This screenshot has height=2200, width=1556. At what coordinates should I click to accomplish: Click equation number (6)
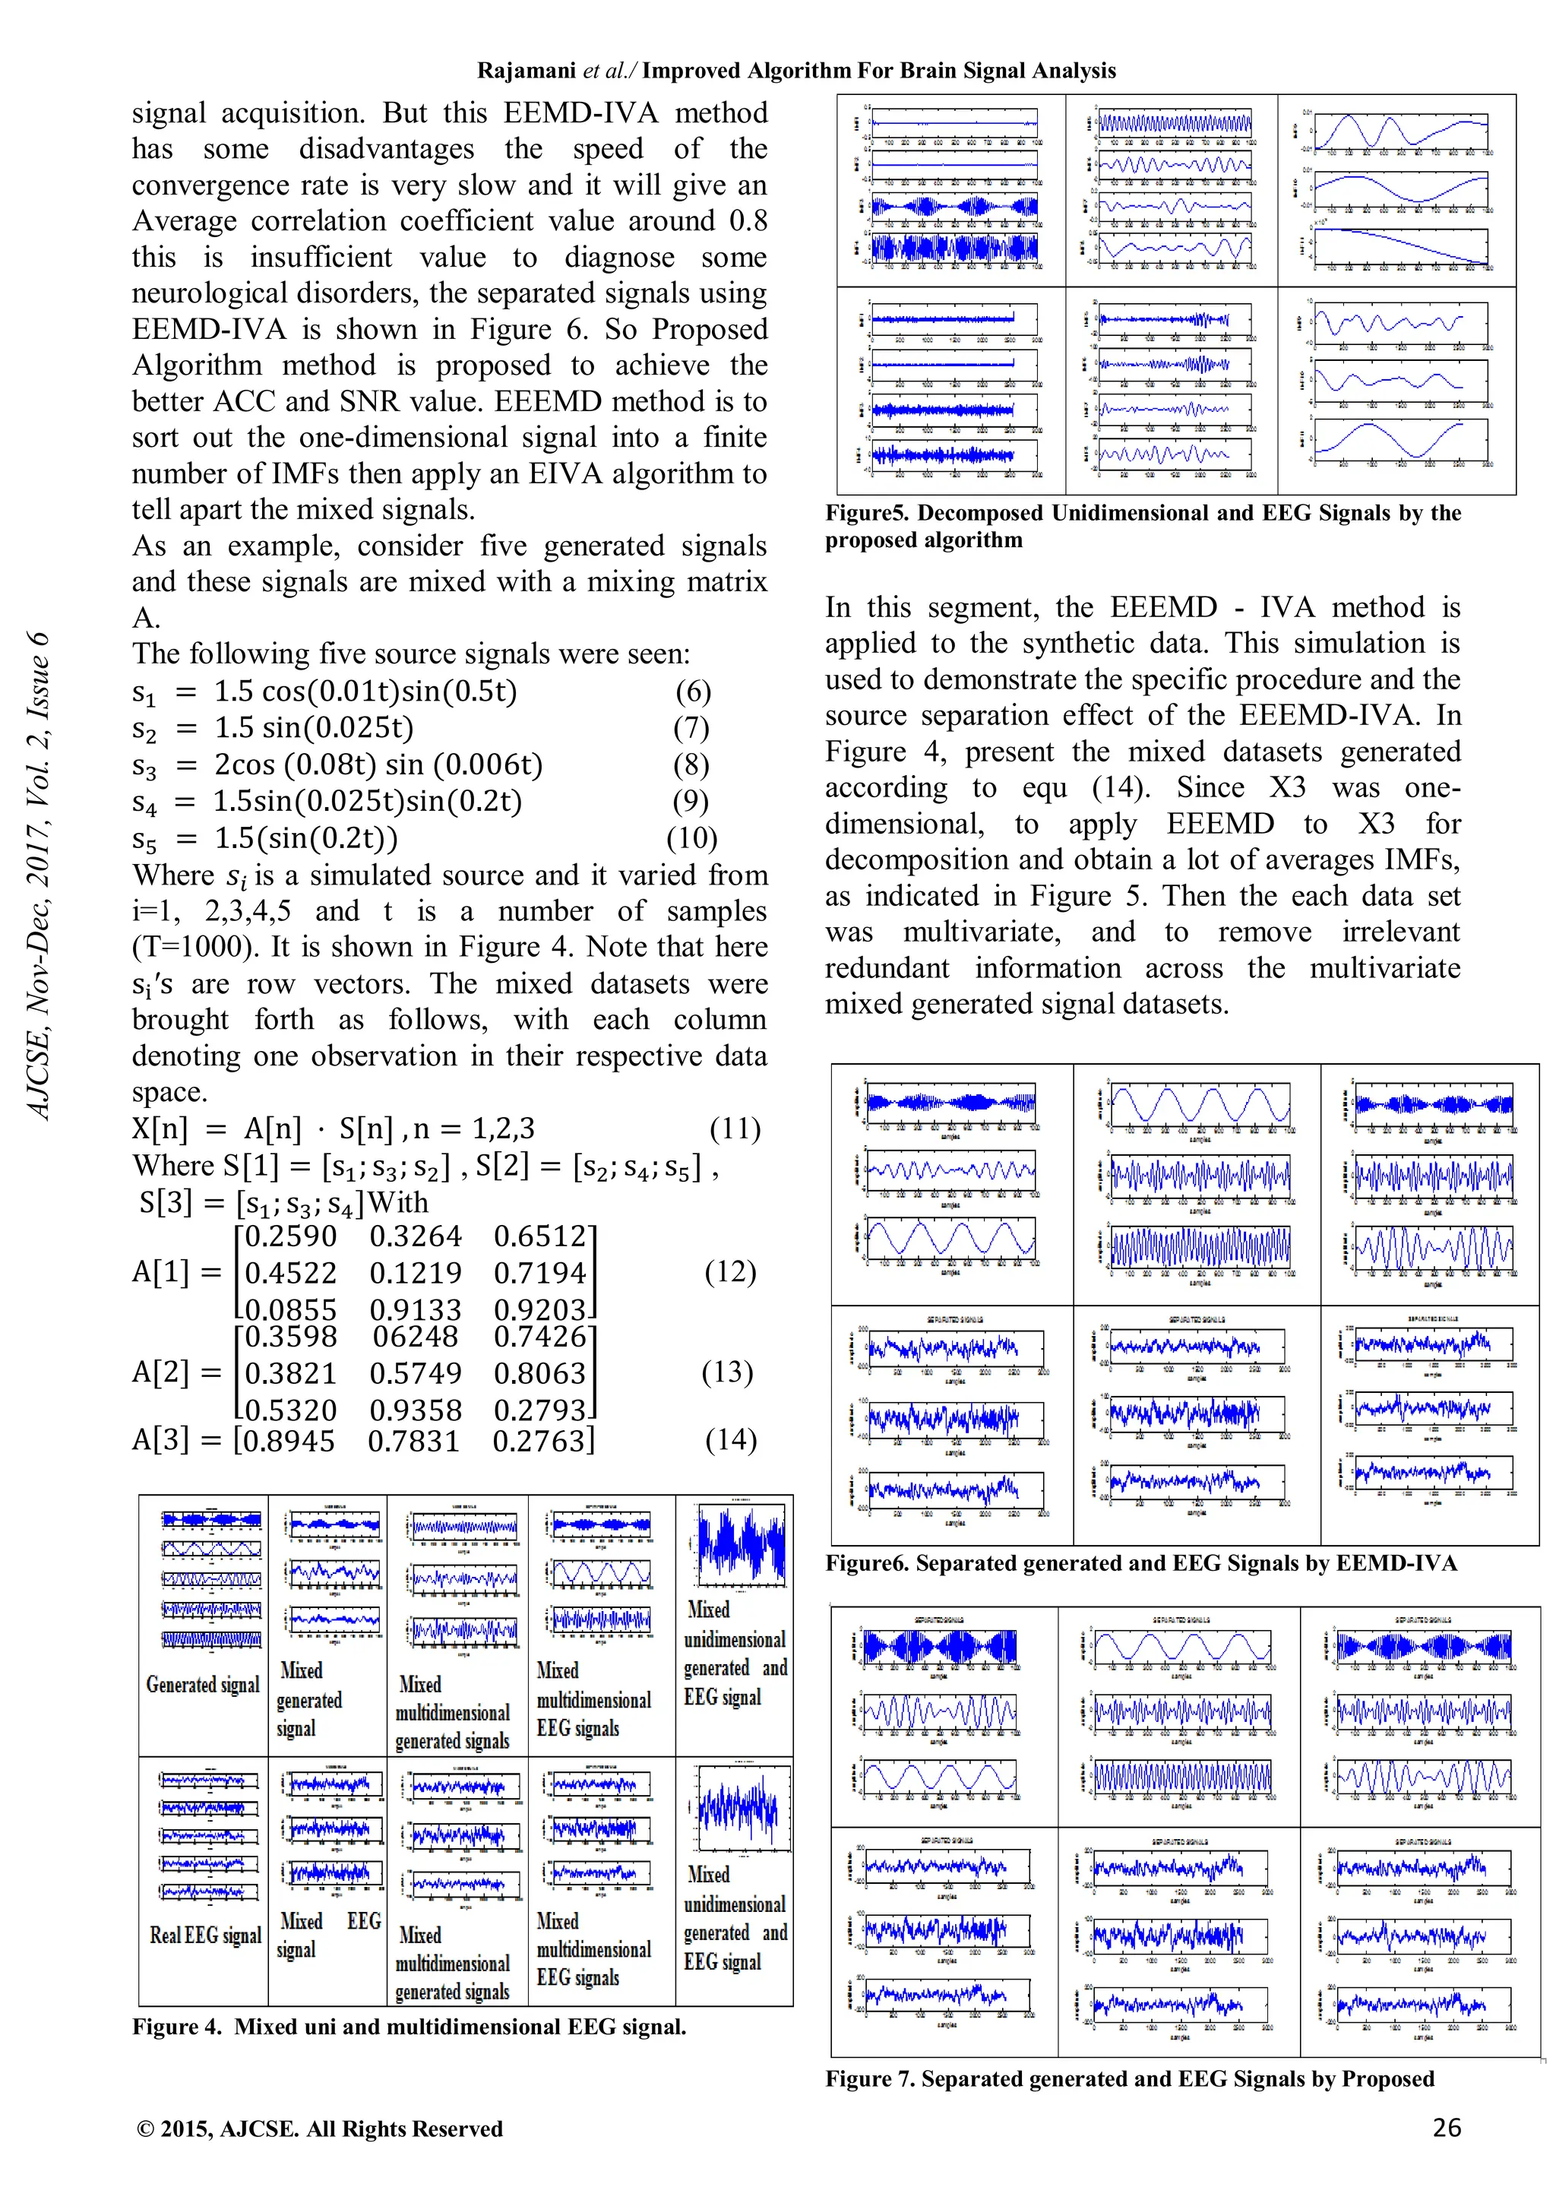click(692, 692)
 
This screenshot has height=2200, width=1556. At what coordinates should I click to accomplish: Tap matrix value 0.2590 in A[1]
click(290, 1236)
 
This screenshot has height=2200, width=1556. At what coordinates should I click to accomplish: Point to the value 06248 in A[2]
click(415, 1337)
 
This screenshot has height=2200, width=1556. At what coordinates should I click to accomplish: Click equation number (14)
click(730, 1440)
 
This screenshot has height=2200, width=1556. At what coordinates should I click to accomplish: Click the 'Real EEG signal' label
click(205, 1935)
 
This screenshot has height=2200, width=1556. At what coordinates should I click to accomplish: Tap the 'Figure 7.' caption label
click(869, 2078)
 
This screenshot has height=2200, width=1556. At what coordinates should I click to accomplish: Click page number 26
click(1446, 2128)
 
